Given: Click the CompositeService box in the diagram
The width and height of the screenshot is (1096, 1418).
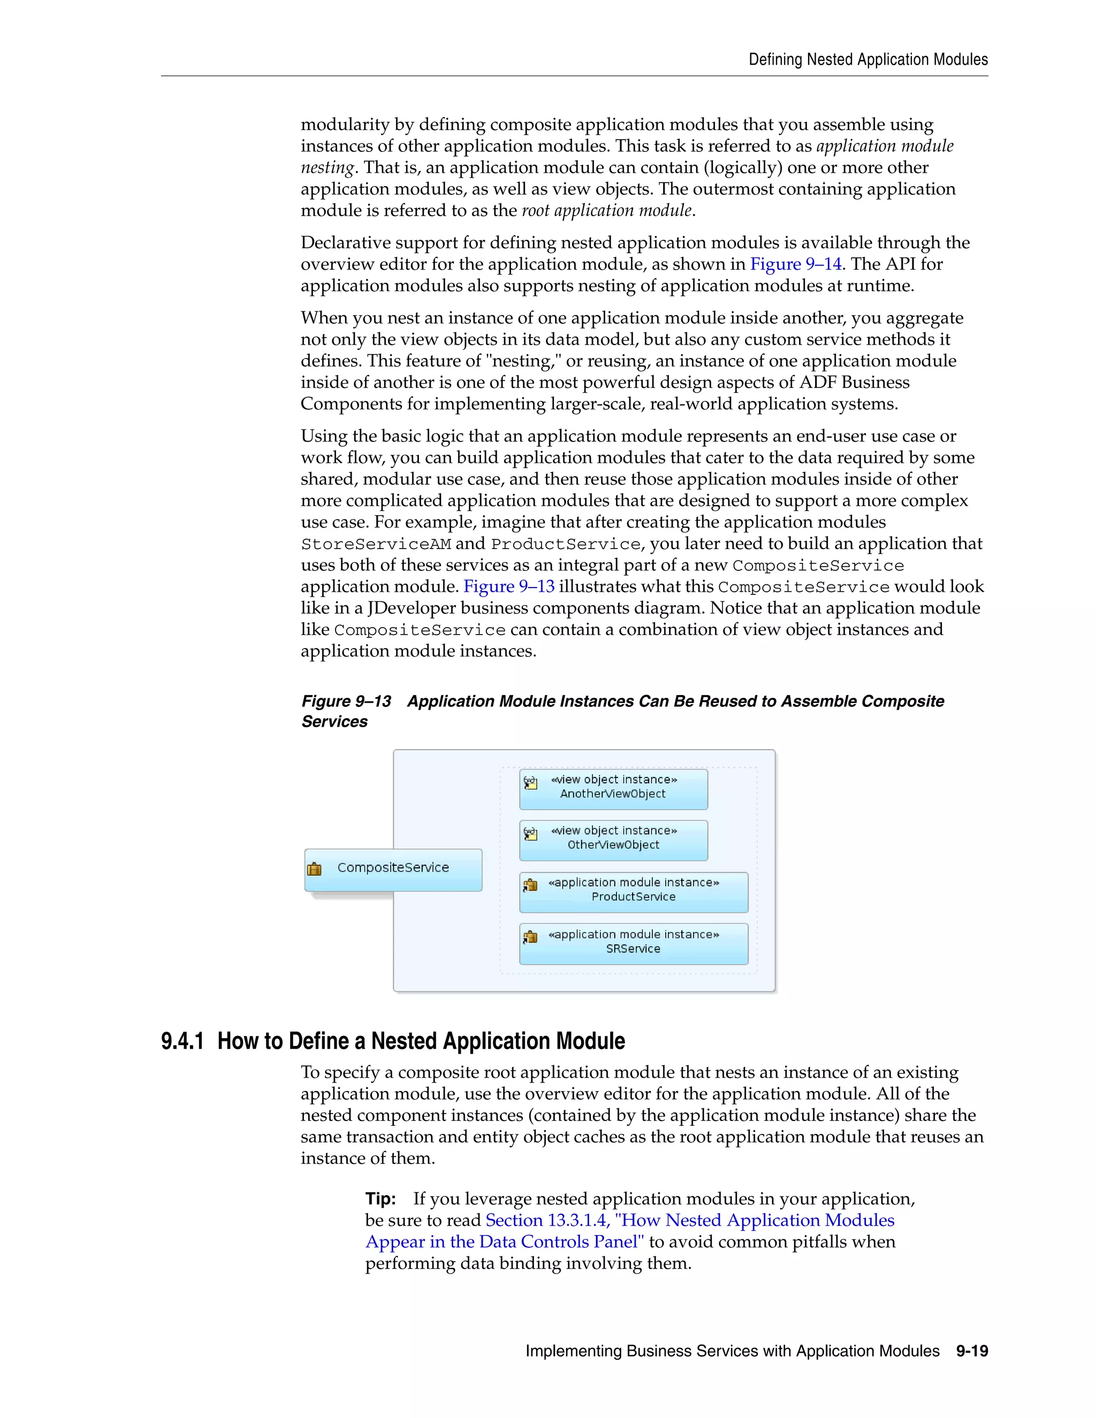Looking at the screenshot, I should (x=393, y=868).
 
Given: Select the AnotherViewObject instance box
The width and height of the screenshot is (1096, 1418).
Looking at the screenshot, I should (x=613, y=788).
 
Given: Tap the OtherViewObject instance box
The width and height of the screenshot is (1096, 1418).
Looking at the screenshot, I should (x=613, y=840).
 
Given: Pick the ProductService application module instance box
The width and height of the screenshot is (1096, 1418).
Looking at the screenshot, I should (x=633, y=891).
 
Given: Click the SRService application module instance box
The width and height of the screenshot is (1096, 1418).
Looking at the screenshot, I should (x=633, y=943).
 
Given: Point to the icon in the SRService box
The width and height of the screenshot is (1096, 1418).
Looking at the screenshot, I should (x=530, y=937).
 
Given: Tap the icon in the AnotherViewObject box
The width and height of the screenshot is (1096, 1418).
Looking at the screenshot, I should (x=530, y=782).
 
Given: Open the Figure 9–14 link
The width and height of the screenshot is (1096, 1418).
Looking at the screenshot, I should (x=795, y=264).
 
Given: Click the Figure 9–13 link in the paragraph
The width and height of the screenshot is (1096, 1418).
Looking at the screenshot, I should (x=508, y=586).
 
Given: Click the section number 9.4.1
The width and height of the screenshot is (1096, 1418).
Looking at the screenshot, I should (x=182, y=1041).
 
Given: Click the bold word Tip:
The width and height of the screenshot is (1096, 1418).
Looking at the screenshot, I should (x=380, y=1199).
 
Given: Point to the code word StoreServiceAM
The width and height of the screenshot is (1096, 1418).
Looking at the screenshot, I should (x=375, y=544).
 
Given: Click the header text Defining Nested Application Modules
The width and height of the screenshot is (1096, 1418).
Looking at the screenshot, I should (x=867, y=60).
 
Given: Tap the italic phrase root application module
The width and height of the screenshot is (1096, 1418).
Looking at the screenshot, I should (x=606, y=210).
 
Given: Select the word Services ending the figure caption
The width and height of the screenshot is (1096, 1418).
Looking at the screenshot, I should (x=334, y=721).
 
